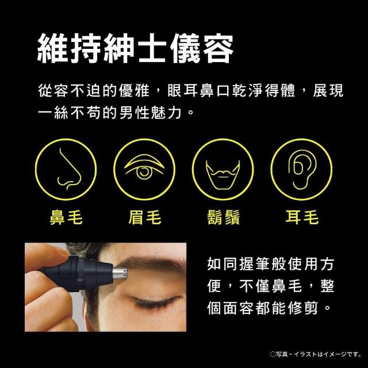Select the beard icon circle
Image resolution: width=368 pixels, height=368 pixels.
click(223, 170)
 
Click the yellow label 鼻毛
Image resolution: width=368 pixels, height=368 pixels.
click(66, 217)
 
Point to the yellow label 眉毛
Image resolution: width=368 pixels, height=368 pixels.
click(145, 217)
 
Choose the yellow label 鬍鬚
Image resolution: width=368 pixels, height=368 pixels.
click(224, 217)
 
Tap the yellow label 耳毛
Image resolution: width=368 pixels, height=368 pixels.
click(302, 217)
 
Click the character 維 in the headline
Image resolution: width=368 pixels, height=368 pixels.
click(53, 48)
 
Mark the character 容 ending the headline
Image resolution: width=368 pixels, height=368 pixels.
click(218, 48)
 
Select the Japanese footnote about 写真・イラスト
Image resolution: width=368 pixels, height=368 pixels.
click(316, 354)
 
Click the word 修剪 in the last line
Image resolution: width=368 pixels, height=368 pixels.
click(303, 308)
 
